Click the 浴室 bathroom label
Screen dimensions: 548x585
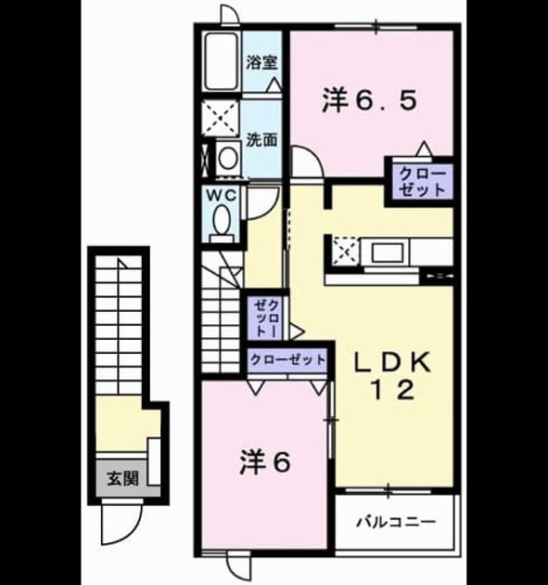point(261,62)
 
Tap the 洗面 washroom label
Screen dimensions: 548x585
point(261,139)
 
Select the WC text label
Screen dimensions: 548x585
point(222,196)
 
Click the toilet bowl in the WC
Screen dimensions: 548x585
point(222,221)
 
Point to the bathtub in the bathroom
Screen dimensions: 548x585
point(222,62)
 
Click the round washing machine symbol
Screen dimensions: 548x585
point(227,158)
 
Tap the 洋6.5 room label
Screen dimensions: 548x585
point(369,100)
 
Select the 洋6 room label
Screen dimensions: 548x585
point(264,462)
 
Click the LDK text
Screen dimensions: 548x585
point(392,362)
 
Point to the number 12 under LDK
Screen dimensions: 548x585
point(392,391)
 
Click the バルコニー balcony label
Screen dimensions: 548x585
point(396,522)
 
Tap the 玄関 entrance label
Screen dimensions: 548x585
point(122,478)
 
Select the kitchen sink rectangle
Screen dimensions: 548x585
point(388,253)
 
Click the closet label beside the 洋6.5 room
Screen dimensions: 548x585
point(422,182)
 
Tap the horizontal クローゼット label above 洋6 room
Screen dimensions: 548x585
point(288,359)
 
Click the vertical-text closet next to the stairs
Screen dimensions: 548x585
point(267,318)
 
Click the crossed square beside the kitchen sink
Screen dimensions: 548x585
point(345,253)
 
